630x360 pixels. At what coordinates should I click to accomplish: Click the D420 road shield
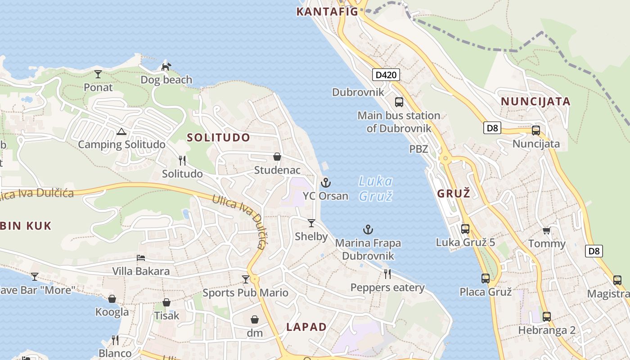point(386,75)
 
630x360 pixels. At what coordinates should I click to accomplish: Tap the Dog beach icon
point(166,67)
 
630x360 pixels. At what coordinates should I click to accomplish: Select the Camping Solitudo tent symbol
point(121,132)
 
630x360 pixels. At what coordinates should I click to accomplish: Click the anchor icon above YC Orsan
point(325,183)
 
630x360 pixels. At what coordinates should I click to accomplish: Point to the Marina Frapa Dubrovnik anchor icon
point(368,230)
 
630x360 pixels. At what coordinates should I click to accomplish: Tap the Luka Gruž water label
point(376,189)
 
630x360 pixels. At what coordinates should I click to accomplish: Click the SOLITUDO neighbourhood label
point(218,138)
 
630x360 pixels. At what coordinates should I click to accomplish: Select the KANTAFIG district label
point(327,12)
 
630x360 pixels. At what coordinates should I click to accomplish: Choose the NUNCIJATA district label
point(535,101)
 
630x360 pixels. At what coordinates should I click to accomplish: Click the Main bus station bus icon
point(399,102)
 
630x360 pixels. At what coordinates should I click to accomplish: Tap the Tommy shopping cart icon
point(546,231)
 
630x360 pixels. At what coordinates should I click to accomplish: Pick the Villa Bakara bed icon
point(141,258)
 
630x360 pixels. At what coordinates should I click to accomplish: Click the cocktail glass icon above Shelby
point(311,223)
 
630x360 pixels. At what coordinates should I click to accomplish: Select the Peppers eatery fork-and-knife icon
point(387,274)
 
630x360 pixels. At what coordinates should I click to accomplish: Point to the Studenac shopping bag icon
point(277,157)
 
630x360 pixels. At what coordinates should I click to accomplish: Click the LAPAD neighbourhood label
point(306,327)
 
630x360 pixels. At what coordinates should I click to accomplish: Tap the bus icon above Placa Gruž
point(485,279)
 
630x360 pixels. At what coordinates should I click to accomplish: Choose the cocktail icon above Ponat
point(98,74)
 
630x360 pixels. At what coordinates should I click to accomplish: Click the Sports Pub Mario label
point(245,293)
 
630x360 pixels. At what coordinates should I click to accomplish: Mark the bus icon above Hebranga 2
point(546,316)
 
